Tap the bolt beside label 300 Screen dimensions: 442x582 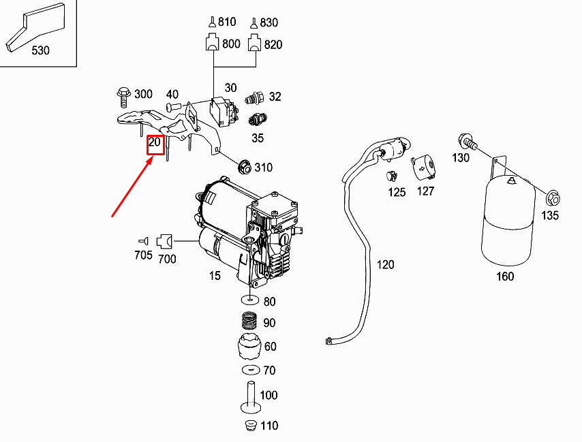click(x=123, y=96)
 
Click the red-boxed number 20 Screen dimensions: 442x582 click(x=155, y=144)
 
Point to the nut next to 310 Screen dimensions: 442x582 click(x=243, y=166)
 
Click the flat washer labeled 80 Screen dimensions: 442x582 click(x=250, y=300)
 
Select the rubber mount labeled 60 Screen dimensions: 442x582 click(x=250, y=349)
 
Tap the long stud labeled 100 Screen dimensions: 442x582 click(x=250, y=398)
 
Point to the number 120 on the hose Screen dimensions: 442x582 click(x=385, y=264)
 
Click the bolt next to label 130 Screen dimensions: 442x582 click(x=468, y=143)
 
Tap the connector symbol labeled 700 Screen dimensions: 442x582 click(x=166, y=240)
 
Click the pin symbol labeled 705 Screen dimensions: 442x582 click(x=144, y=240)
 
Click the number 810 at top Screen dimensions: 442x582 click(x=227, y=22)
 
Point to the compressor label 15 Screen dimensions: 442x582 click(x=215, y=276)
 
